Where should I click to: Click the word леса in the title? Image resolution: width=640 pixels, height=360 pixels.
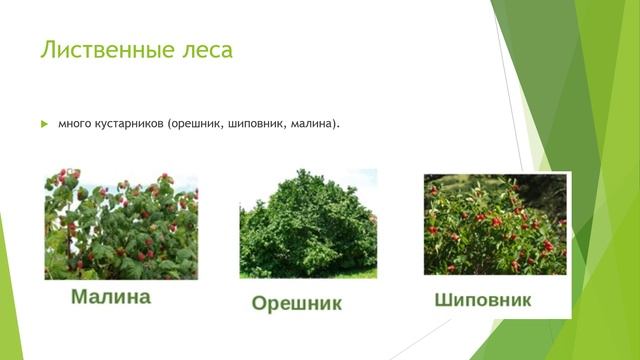coord(206,49)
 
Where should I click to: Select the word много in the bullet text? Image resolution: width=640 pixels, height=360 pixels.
coord(75,124)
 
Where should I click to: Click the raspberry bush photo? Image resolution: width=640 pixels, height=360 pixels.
coord(121,224)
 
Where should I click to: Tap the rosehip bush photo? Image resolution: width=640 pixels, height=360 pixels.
coord(494,224)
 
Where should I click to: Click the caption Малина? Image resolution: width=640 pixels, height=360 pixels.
coord(111,297)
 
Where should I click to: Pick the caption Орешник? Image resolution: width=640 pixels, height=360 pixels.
coord(296,302)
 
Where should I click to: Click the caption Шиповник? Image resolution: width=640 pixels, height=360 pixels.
coord(483,299)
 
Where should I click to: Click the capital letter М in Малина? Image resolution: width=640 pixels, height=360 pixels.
coord(80,297)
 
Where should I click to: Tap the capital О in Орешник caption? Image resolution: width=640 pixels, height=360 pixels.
coord(259,302)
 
